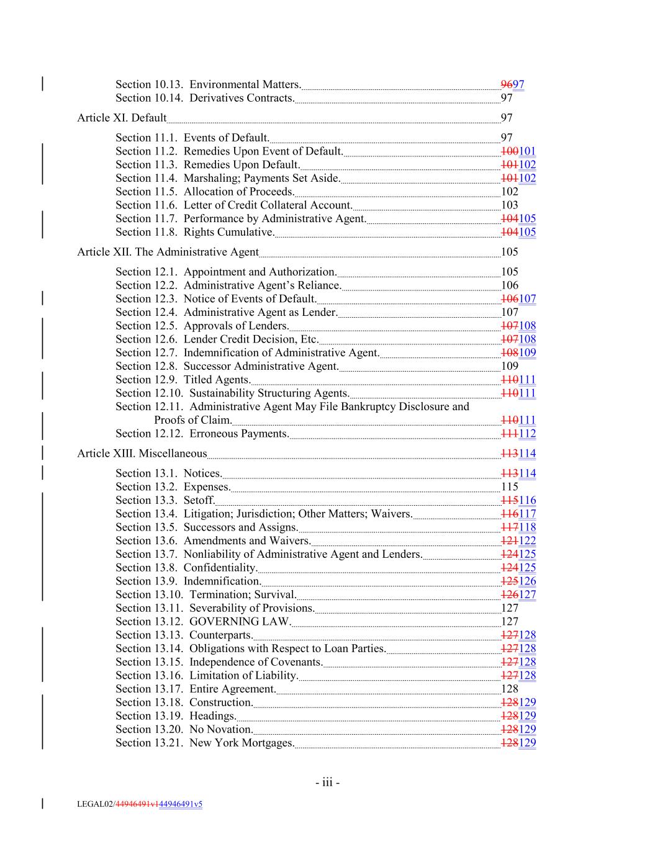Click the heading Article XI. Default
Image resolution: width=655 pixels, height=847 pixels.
pos(122,118)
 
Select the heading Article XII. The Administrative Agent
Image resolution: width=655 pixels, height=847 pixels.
pos(168,252)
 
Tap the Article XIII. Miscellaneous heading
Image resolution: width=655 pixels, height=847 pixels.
pos(142,454)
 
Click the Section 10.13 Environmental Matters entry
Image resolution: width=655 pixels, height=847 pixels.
pos(208,84)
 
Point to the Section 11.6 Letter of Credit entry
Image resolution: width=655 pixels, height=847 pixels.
pos(233,205)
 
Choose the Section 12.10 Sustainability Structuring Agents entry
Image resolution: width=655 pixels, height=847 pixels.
pos(232,393)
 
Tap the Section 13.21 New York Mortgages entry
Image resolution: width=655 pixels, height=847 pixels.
pos(204,743)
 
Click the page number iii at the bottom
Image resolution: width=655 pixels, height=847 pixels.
pos(327,782)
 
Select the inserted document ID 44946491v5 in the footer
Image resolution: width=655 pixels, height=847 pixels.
pos(181,805)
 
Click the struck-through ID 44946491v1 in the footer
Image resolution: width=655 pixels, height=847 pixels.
pos(137,805)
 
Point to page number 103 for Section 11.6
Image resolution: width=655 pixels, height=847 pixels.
pos(509,205)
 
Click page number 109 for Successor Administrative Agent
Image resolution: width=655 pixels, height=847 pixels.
pos(509,366)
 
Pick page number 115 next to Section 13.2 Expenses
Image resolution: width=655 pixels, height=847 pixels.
pos(509,487)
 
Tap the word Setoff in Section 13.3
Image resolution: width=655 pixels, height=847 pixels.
pos(199,501)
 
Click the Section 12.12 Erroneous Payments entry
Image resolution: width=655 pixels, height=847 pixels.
pos(202,434)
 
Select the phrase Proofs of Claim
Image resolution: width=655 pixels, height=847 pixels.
pos(192,420)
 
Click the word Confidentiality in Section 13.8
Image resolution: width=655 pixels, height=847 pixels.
pos(220,568)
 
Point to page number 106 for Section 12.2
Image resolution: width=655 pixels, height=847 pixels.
pos(509,285)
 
